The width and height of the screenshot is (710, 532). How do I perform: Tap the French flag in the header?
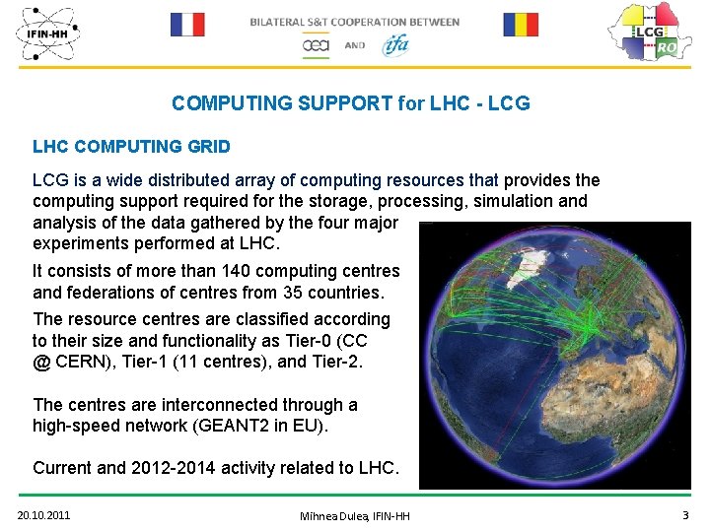(187, 25)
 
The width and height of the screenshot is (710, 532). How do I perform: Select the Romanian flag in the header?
(521, 25)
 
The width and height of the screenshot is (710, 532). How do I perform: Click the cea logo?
(317, 45)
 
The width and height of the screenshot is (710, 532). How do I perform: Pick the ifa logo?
(394, 44)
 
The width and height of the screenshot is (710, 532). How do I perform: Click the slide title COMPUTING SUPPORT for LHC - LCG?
(350, 103)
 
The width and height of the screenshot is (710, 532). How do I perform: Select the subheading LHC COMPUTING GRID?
(131, 147)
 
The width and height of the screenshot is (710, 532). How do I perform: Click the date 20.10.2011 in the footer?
(43, 514)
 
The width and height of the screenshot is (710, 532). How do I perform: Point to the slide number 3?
(685, 514)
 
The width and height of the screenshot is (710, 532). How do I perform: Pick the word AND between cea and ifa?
(355, 45)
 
